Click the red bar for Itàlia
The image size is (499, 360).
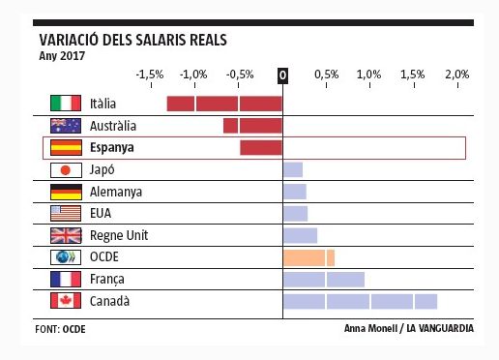[x=224, y=104]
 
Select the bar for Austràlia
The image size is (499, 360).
[x=252, y=126]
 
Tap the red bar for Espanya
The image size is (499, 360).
[x=261, y=148]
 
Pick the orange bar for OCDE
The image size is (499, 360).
[x=308, y=257]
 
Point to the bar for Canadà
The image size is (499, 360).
[x=360, y=301]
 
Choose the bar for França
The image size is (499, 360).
[x=323, y=280]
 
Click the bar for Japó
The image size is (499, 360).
[x=292, y=170]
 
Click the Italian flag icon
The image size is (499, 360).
[x=65, y=104]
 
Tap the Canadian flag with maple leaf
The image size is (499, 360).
[x=65, y=301]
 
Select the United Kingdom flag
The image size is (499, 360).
[x=65, y=235]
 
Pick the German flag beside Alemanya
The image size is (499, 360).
[x=65, y=192]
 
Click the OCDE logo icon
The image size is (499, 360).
[x=65, y=257]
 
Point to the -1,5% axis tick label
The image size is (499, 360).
[x=149, y=75]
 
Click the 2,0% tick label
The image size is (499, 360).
[x=456, y=75]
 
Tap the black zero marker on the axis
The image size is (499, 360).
[x=282, y=75]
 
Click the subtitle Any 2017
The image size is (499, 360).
[x=62, y=55]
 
